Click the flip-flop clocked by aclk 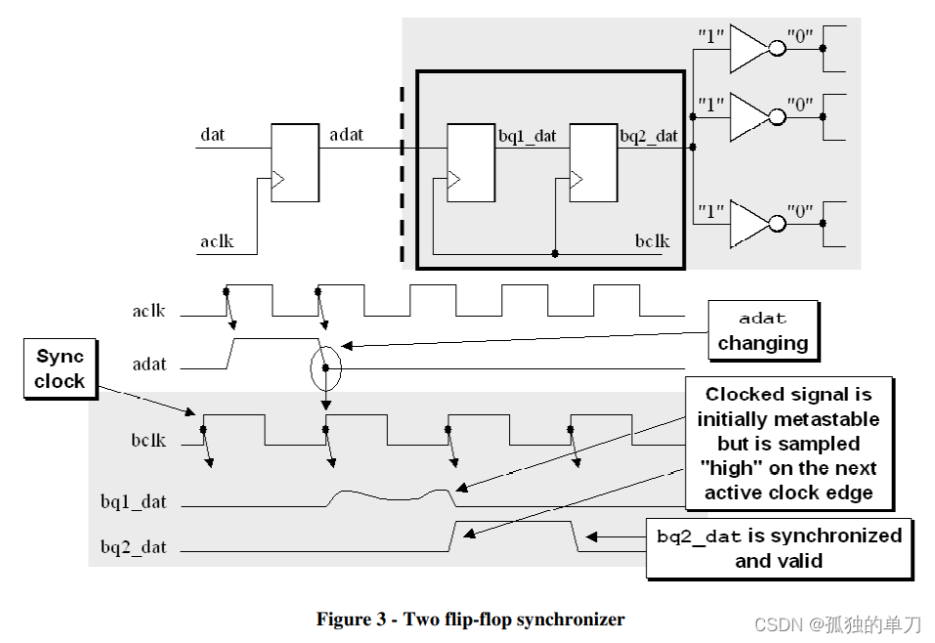pos(294,162)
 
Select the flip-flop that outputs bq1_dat pos(471,162)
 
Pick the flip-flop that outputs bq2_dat pos(594,162)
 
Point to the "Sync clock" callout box pos(61,369)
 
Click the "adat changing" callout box pos(763,330)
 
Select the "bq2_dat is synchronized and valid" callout pos(778,547)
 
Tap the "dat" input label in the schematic pos(212,134)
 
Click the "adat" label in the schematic pos(346,134)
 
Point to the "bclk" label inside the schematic pos(653,240)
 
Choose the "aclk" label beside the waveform pos(149,312)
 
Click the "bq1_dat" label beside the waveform pos(133,502)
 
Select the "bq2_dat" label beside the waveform pos(133,547)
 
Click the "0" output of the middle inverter pos(800,103)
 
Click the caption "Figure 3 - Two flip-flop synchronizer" pos(470,619)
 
